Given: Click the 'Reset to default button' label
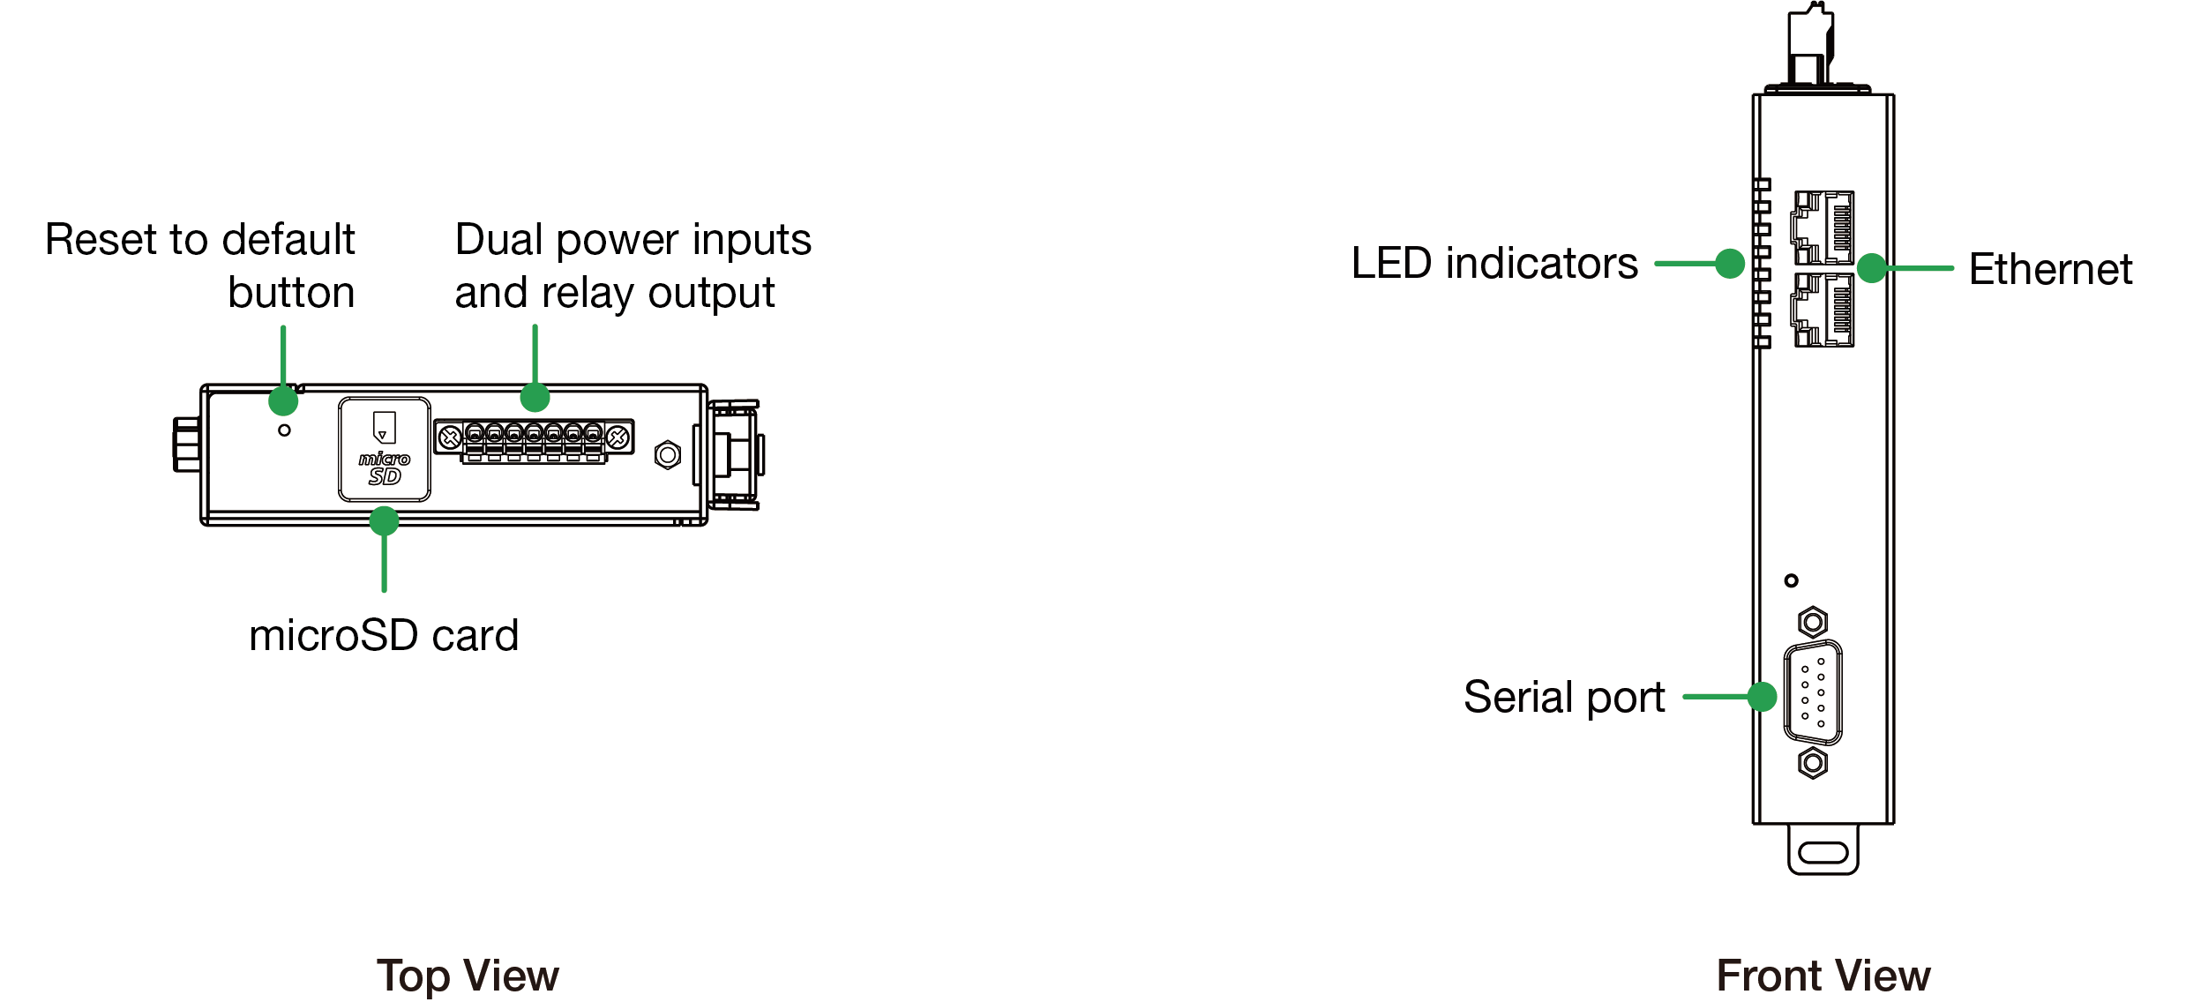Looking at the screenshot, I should (201, 265).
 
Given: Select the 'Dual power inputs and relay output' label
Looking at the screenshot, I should (632, 265).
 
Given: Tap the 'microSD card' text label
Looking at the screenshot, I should (384, 635).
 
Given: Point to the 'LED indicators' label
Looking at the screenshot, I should (1494, 263).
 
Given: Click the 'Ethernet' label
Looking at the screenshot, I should (2050, 269).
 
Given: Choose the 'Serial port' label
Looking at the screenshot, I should (1564, 697).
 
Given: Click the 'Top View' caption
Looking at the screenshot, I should (468, 976).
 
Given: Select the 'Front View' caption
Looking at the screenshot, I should (1823, 976).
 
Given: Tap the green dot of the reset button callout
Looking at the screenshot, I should (283, 400).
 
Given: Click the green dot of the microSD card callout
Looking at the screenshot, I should (384, 520).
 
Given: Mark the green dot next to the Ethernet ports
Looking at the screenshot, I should (1872, 268).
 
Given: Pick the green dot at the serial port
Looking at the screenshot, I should (1762, 697).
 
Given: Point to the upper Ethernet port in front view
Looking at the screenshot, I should (1823, 228).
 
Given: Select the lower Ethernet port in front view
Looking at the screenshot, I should (1823, 310).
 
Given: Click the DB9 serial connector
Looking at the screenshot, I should (1813, 692).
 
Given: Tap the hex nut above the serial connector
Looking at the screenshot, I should (1813, 623).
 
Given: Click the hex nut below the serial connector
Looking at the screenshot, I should (1813, 762).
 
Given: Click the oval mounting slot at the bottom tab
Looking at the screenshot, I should (1823, 852).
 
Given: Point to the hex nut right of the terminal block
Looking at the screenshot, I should (668, 455).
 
